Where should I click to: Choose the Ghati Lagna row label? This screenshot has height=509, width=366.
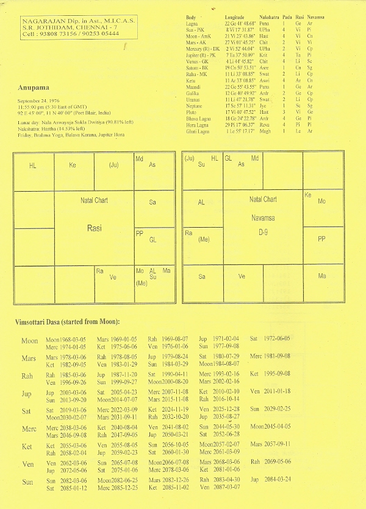[x=199, y=130]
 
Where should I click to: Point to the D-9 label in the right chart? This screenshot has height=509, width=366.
[x=263, y=233]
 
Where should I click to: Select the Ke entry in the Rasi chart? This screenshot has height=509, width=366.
[x=73, y=164]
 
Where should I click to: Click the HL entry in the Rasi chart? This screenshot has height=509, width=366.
[x=33, y=165]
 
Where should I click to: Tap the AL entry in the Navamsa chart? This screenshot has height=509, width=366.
[x=201, y=203]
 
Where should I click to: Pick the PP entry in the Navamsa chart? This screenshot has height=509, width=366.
[x=322, y=239]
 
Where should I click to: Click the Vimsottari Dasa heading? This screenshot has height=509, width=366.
[x=67, y=321]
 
